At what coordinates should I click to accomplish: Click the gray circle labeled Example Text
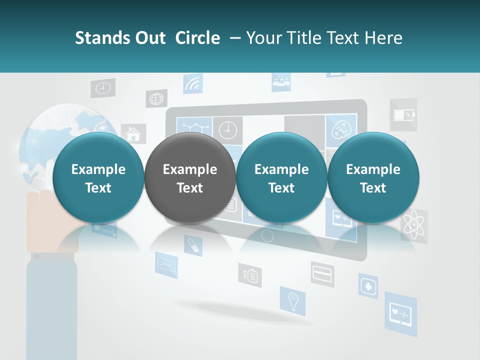190,178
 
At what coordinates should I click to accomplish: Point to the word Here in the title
384,38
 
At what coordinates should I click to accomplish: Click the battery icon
403,115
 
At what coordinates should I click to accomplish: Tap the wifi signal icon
192,84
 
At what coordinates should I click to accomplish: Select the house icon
133,134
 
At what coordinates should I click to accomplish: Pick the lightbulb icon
292,301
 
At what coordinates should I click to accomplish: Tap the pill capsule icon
192,245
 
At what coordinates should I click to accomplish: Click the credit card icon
322,273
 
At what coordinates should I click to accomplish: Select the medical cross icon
368,286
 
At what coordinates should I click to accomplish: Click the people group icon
281,81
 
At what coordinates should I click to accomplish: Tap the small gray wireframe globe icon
156,98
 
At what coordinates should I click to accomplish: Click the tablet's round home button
268,235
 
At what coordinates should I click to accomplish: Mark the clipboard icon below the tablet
250,275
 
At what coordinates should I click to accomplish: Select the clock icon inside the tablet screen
227,128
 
